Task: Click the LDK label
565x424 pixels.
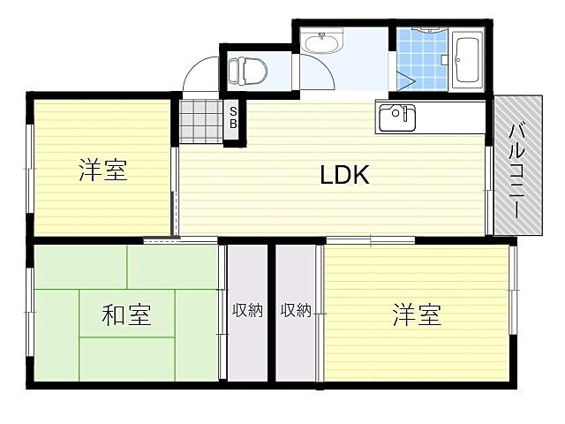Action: [x=344, y=175]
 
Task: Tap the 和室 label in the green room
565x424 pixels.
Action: [x=125, y=314]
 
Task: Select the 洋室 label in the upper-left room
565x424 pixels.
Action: [x=103, y=170]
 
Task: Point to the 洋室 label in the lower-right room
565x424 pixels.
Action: [x=417, y=314]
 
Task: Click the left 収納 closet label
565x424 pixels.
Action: [x=247, y=310]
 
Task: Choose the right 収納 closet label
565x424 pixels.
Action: [x=296, y=310]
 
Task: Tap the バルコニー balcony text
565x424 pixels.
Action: [x=516, y=167]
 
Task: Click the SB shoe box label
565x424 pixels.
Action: [x=233, y=117]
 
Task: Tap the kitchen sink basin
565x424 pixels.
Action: [x=396, y=117]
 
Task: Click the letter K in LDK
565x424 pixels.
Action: [x=360, y=175]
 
